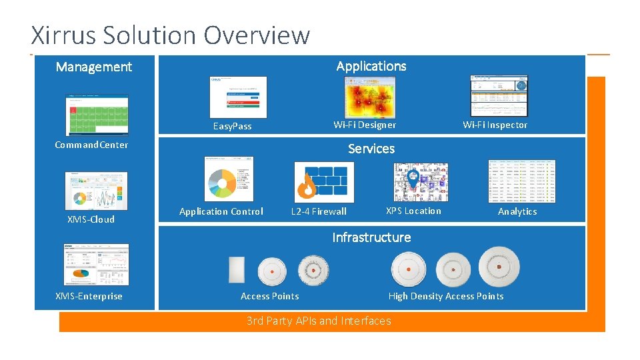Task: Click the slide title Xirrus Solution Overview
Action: click(171, 35)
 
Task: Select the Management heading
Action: click(94, 67)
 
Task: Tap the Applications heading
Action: click(371, 66)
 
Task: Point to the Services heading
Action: click(371, 149)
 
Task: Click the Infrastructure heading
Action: click(371, 237)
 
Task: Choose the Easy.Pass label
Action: click(232, 126)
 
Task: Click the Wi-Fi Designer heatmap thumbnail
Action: click(369, 97)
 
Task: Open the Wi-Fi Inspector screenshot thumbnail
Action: click(499, 95)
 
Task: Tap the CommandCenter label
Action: click(91, 145)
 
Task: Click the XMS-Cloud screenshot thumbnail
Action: click(96, 191)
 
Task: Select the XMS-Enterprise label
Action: click(89, 296)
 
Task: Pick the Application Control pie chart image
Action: click(229, 179)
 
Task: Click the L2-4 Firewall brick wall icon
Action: click(324, 182)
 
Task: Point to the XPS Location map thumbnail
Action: click(421, 182)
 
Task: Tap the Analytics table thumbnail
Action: click(521, 181)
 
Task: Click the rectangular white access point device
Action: click(236, 270)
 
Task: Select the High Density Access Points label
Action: click(446, 296)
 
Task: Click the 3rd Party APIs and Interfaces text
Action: click(319, 321)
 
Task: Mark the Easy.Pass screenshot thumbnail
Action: click(238, 97)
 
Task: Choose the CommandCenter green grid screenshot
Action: click(97, 115)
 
